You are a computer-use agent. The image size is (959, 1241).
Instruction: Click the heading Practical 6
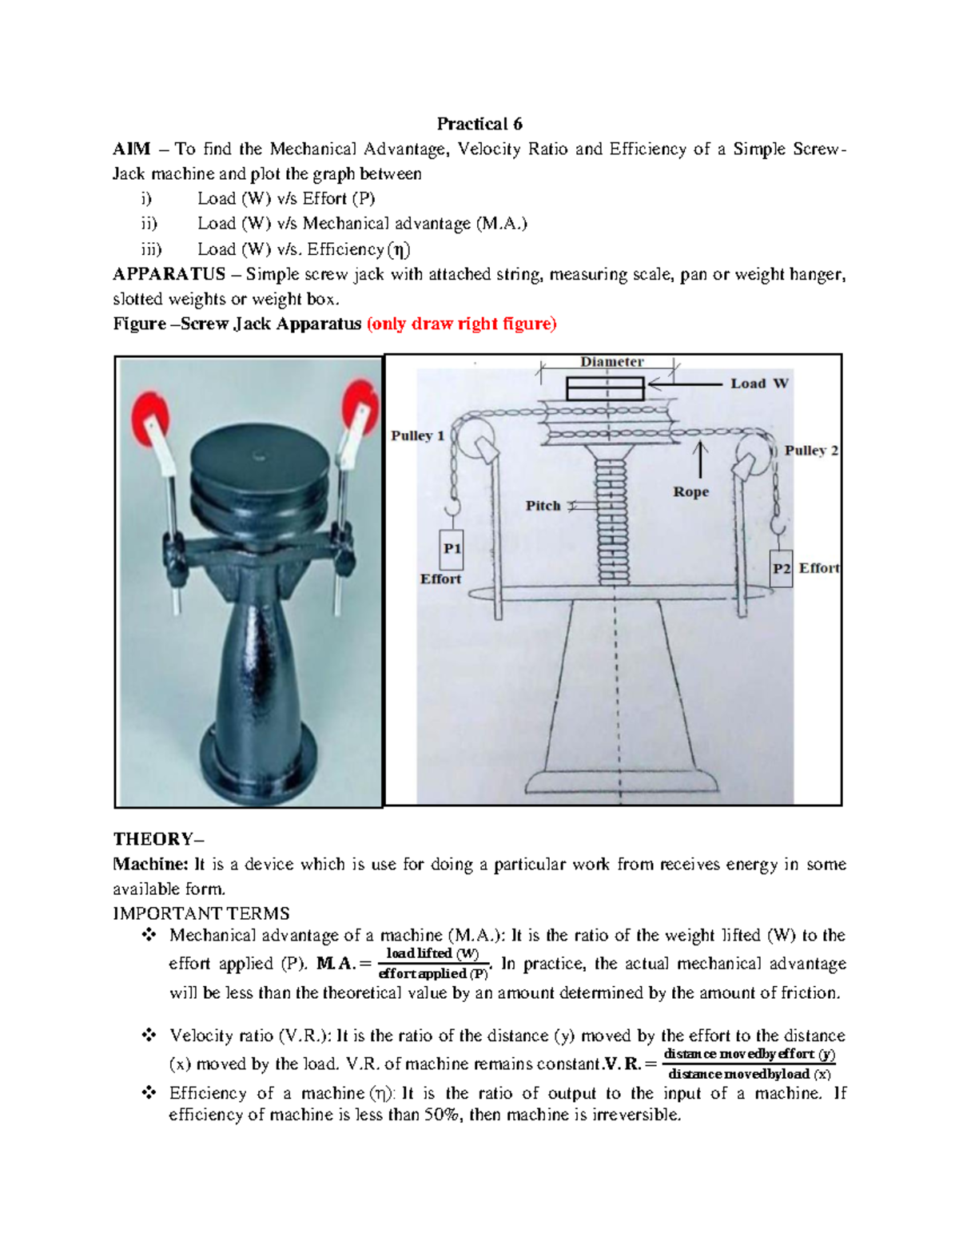coord(479,124)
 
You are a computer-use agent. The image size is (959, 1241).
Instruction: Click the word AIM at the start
coord(132,149)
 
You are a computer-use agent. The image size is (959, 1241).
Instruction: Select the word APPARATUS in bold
coord(169,274)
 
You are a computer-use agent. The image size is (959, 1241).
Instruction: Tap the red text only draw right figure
coord(461,324)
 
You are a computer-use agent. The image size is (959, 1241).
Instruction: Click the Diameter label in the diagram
coord(611,362)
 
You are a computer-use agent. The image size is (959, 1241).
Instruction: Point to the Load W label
coord(758,384)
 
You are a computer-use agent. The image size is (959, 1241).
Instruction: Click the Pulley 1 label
coord(417,436)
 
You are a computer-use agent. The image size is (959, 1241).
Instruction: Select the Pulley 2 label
coord(810,451)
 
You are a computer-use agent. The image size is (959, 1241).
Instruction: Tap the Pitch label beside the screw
coord(543,506)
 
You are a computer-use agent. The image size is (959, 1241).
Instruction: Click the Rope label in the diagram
coord(690,492)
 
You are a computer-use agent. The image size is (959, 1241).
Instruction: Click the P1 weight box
coord(452,548)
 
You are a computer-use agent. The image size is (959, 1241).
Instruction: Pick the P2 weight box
coord(781,568)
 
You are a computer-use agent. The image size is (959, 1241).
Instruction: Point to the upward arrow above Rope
coord(701,459)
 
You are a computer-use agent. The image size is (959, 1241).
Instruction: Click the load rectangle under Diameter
coord(605,388)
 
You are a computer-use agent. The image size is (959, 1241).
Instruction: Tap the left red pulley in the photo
coord(151,418)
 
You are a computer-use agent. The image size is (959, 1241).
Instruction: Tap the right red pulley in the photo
coord(359,407)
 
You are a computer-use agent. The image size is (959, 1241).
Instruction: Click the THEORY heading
coord(158,839)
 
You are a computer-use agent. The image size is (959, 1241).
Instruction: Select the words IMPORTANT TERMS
coord(201,913)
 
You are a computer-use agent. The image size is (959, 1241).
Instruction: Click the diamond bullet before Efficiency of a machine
coord(149,1092)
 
